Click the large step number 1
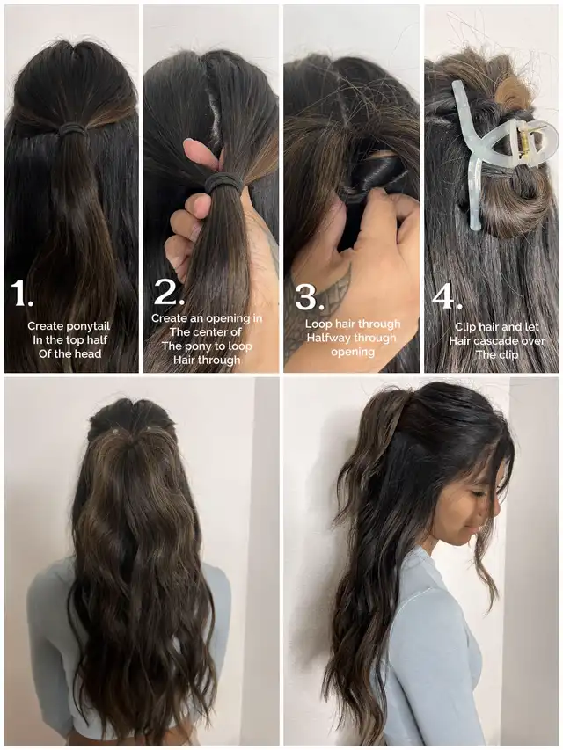pos(21,293)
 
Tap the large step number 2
pos(169,292)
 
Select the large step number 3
pos(310,296)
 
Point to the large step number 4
pos(447,296)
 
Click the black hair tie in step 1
pos(72,128)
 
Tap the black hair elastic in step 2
pos(223,182)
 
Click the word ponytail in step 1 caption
pos(88,326)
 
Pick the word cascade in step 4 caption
pos(495,341)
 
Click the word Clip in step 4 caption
pos(464,327)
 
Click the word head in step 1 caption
pos(89,354)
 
